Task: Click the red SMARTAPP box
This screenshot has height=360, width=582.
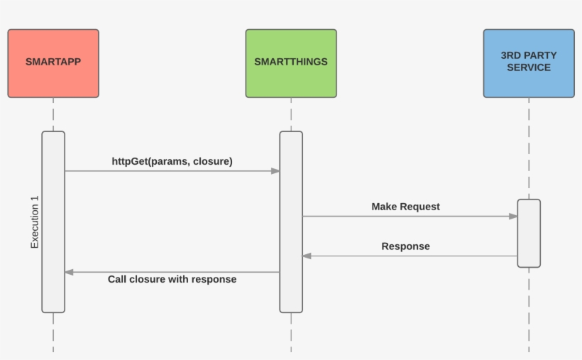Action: [x=53, y=63]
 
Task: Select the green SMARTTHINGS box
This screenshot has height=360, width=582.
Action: [x=291, y=63]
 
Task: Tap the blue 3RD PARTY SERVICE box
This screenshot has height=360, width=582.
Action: [x=529, y=63]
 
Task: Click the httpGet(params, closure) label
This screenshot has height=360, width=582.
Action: [x=172, y=161]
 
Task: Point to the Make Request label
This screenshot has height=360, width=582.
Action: [x=405, y=207]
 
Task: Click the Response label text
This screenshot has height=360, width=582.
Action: [x=405, y=246]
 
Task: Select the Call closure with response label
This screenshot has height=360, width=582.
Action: [x=172, y=279]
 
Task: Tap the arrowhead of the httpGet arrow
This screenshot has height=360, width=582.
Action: [x=275, y=171]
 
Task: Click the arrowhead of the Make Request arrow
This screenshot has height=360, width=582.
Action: [x=513, y=217]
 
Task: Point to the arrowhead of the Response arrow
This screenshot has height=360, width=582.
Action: [x=307, y=256]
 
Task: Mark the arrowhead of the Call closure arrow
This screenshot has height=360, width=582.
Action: [x=69, y=272]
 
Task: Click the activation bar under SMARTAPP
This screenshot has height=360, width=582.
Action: [x=53, y=222]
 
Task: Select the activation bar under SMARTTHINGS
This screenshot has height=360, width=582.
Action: [x=291, y=222]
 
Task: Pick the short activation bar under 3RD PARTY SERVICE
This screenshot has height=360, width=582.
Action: [x=529, y=233]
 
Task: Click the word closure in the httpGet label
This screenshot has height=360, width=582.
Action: [x=212, y=161]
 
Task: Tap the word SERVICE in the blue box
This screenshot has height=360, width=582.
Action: [x=529, y=68]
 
